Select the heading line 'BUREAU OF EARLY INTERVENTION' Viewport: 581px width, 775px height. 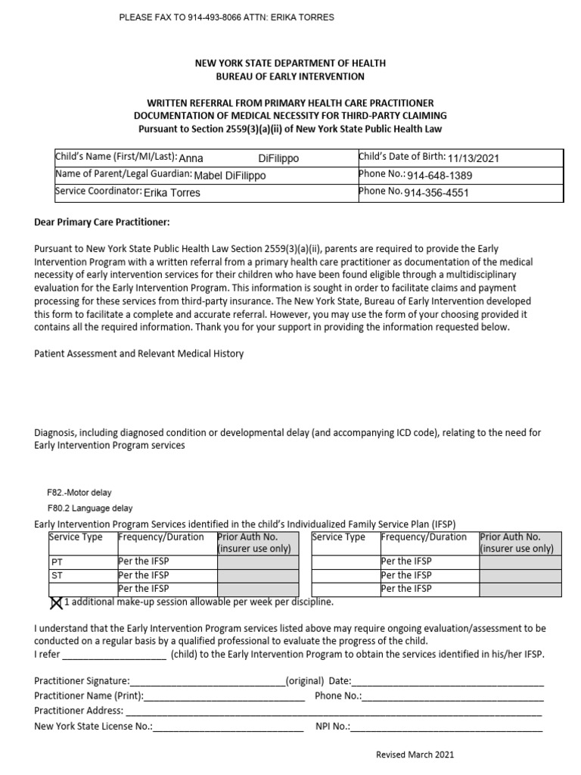[290, 76]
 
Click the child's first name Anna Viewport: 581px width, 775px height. [191, 158]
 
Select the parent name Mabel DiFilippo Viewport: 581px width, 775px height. [230, 176]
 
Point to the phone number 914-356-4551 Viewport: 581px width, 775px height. [437, 193]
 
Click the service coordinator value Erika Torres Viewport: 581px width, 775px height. [172, 193]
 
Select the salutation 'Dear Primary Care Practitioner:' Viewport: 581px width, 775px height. [102, 222]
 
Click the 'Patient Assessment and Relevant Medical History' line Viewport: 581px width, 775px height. [139, 353]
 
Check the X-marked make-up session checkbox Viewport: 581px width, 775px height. [55, 602]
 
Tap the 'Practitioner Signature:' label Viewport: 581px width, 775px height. [82, 681]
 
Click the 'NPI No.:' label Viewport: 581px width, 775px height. [332, 727]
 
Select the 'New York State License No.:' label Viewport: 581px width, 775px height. [93, 727]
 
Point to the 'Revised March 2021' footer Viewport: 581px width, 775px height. [415, 755]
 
